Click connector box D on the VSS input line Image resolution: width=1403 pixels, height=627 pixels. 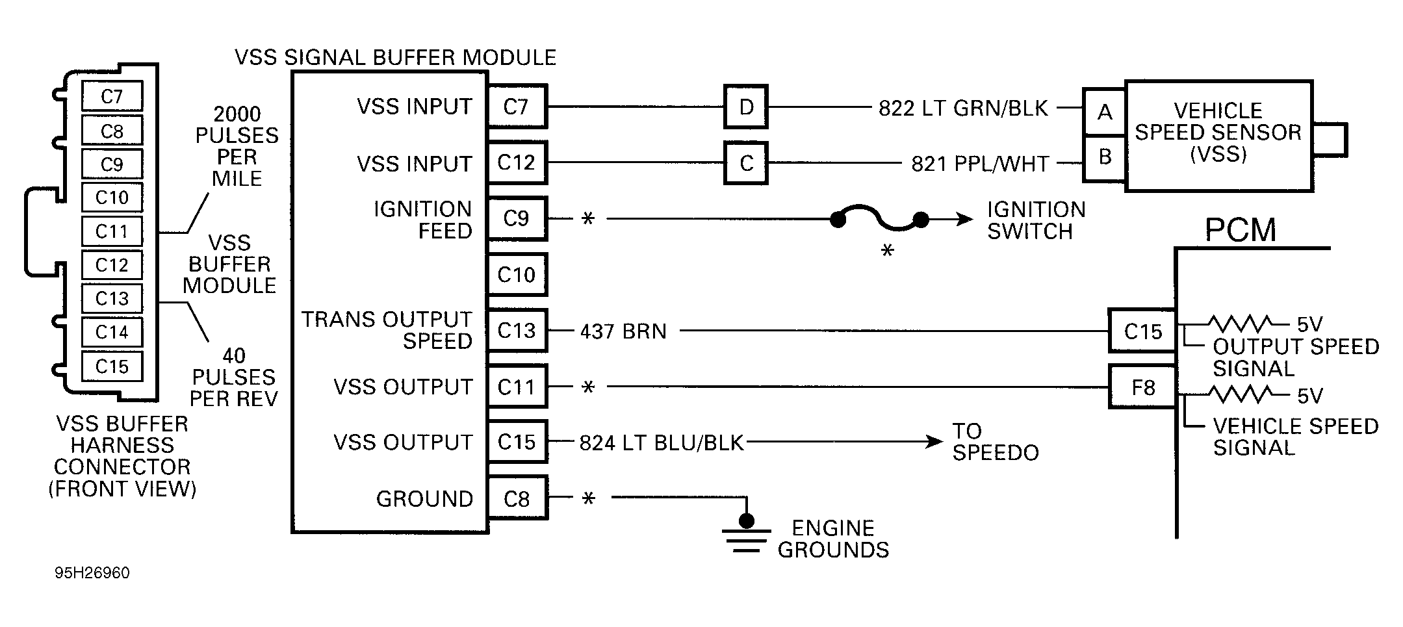tap(745, 107)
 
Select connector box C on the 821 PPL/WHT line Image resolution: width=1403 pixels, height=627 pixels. tap(745, 163)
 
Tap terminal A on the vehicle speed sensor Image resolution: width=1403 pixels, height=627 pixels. tap(1104, 112)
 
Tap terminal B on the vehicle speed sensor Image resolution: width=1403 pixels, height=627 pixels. tap(1104, 157)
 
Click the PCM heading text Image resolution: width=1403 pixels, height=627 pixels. tap(1240, 230)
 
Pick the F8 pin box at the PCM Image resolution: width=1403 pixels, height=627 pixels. tap(1142, 387)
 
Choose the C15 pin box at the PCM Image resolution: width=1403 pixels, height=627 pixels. tap(1142, 331)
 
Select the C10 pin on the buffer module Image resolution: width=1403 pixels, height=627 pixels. tap(516, 274)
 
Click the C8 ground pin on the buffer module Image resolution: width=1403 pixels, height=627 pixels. tap(516, 498)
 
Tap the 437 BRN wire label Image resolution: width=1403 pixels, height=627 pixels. tap(623, 331)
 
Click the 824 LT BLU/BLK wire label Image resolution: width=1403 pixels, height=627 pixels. tap(661, 442)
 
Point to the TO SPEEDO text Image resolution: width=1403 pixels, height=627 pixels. tap(995, 442)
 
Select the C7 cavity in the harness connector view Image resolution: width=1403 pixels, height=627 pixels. tap(112, 97)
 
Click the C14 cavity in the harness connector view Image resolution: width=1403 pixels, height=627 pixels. tap(112, 332)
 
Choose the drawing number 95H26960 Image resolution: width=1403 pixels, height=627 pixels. tap(92, 573)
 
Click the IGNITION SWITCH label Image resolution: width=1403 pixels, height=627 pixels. tap(1035, 220)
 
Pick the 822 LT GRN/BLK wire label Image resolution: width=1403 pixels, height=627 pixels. tap(963, 108)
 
